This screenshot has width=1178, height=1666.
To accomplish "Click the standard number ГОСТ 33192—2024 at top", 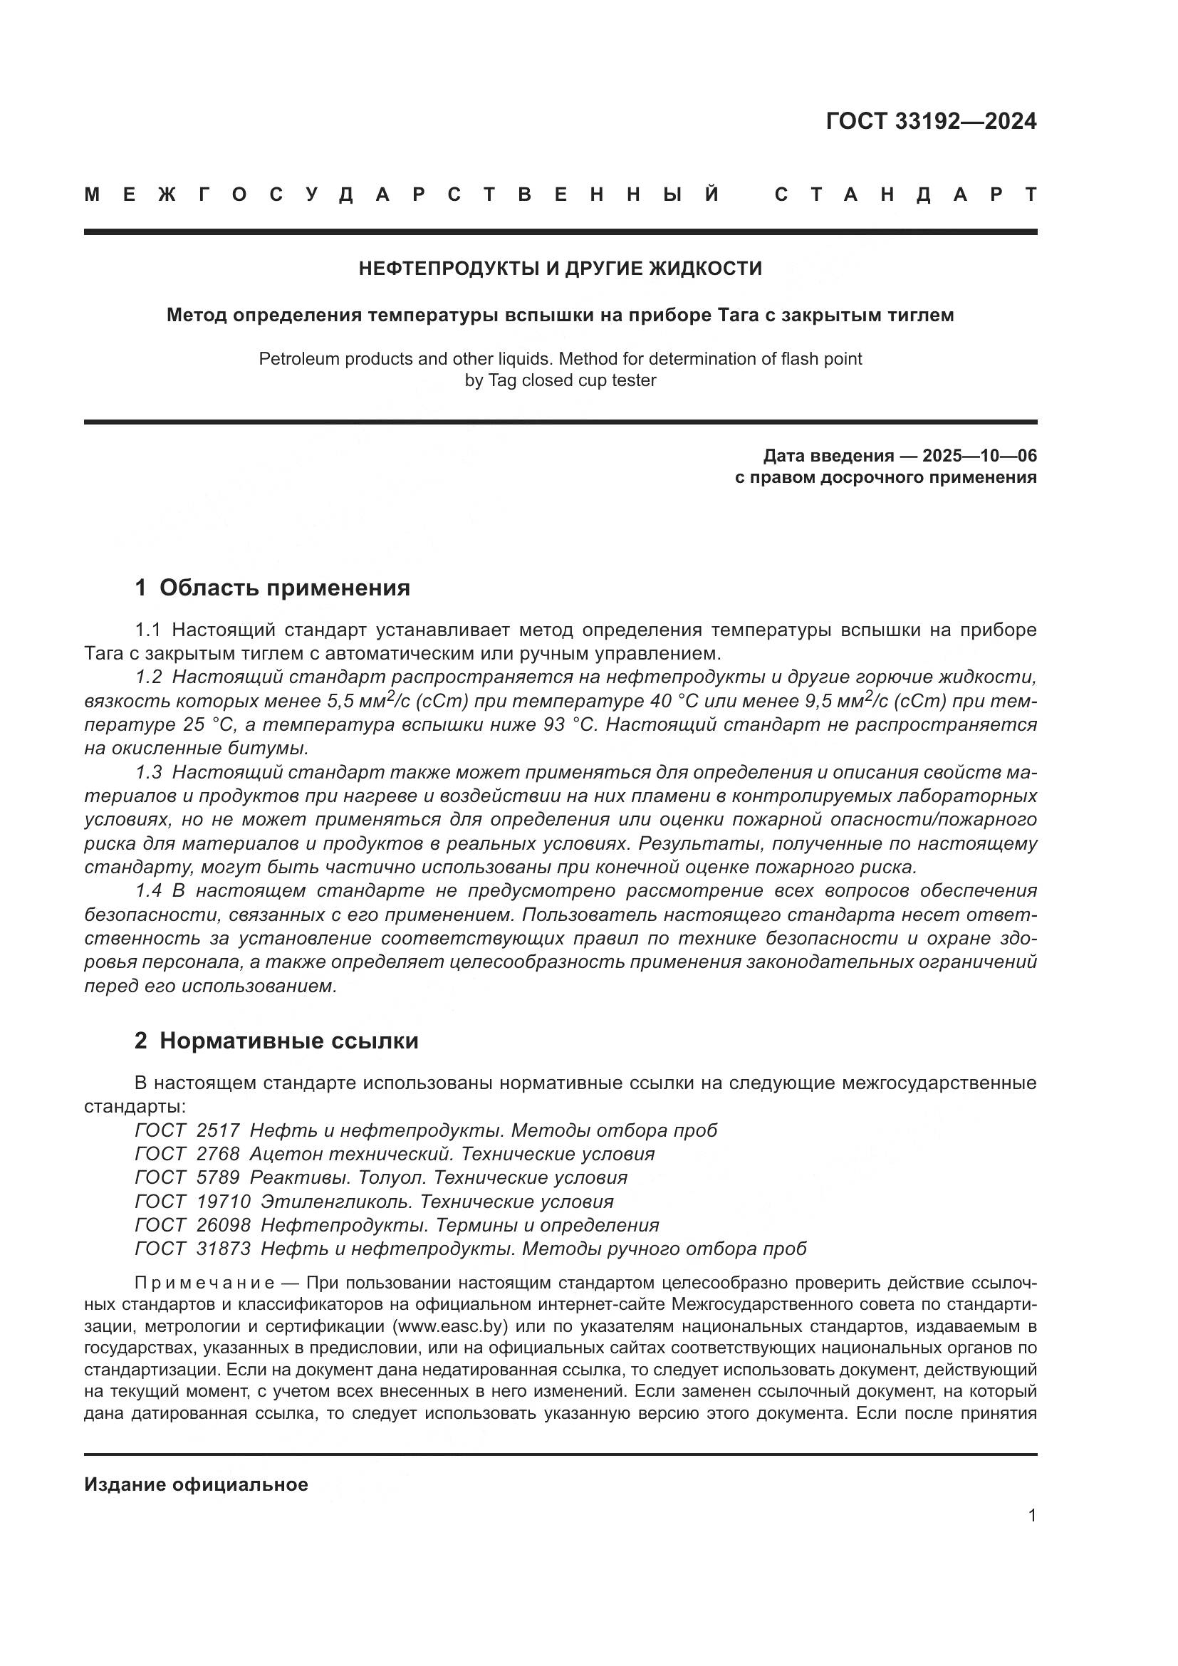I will [x=931, y=121].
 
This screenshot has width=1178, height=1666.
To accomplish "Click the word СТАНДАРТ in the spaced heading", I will [x=905, y=194].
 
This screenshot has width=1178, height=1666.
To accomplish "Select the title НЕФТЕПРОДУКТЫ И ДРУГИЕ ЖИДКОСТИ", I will [x=560, y=269].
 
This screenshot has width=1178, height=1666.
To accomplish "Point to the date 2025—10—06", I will [x=979, y=456].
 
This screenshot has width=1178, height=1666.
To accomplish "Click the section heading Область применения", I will [x=284, y=588].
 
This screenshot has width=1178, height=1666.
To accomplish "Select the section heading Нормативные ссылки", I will [x=288, y=1041].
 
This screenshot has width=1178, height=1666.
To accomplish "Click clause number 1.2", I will [x=148, y=677].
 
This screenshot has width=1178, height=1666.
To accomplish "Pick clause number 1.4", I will [x=148, y=890].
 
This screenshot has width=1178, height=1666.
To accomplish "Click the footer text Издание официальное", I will [x=196, y=1484].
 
